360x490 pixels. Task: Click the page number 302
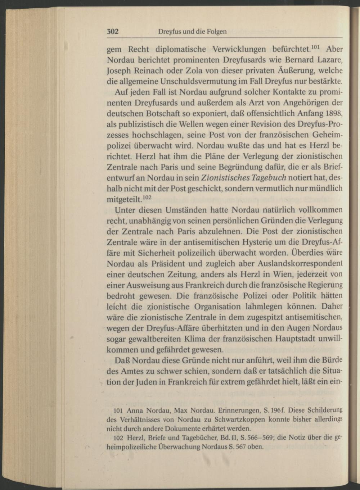pos(113,31)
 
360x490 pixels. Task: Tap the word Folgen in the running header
pos(217,32)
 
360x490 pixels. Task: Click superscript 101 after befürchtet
pos(315,46)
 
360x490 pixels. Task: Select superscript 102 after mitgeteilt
pos(147,197)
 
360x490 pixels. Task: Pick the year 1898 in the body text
pos(333,113)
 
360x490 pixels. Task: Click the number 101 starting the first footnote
pos(118,410)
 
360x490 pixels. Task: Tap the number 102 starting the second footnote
pos(118,438)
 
